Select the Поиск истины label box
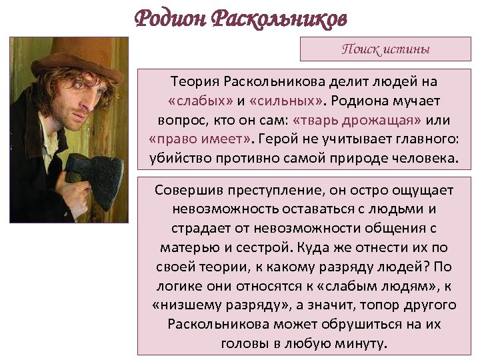[x=385, y=49]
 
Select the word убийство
[x=179, y=159]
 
